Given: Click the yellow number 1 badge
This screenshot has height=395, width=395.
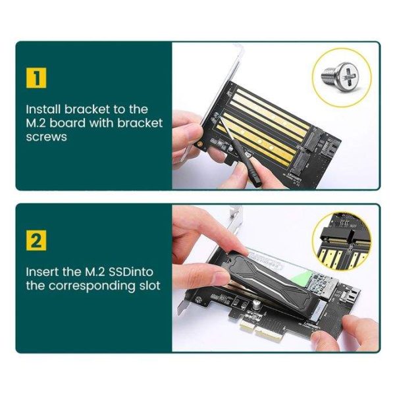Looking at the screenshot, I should click(37, 78).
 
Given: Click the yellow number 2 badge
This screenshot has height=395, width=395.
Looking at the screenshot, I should click(37, 240).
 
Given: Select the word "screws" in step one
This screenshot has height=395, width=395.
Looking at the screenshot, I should click(46, 138).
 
